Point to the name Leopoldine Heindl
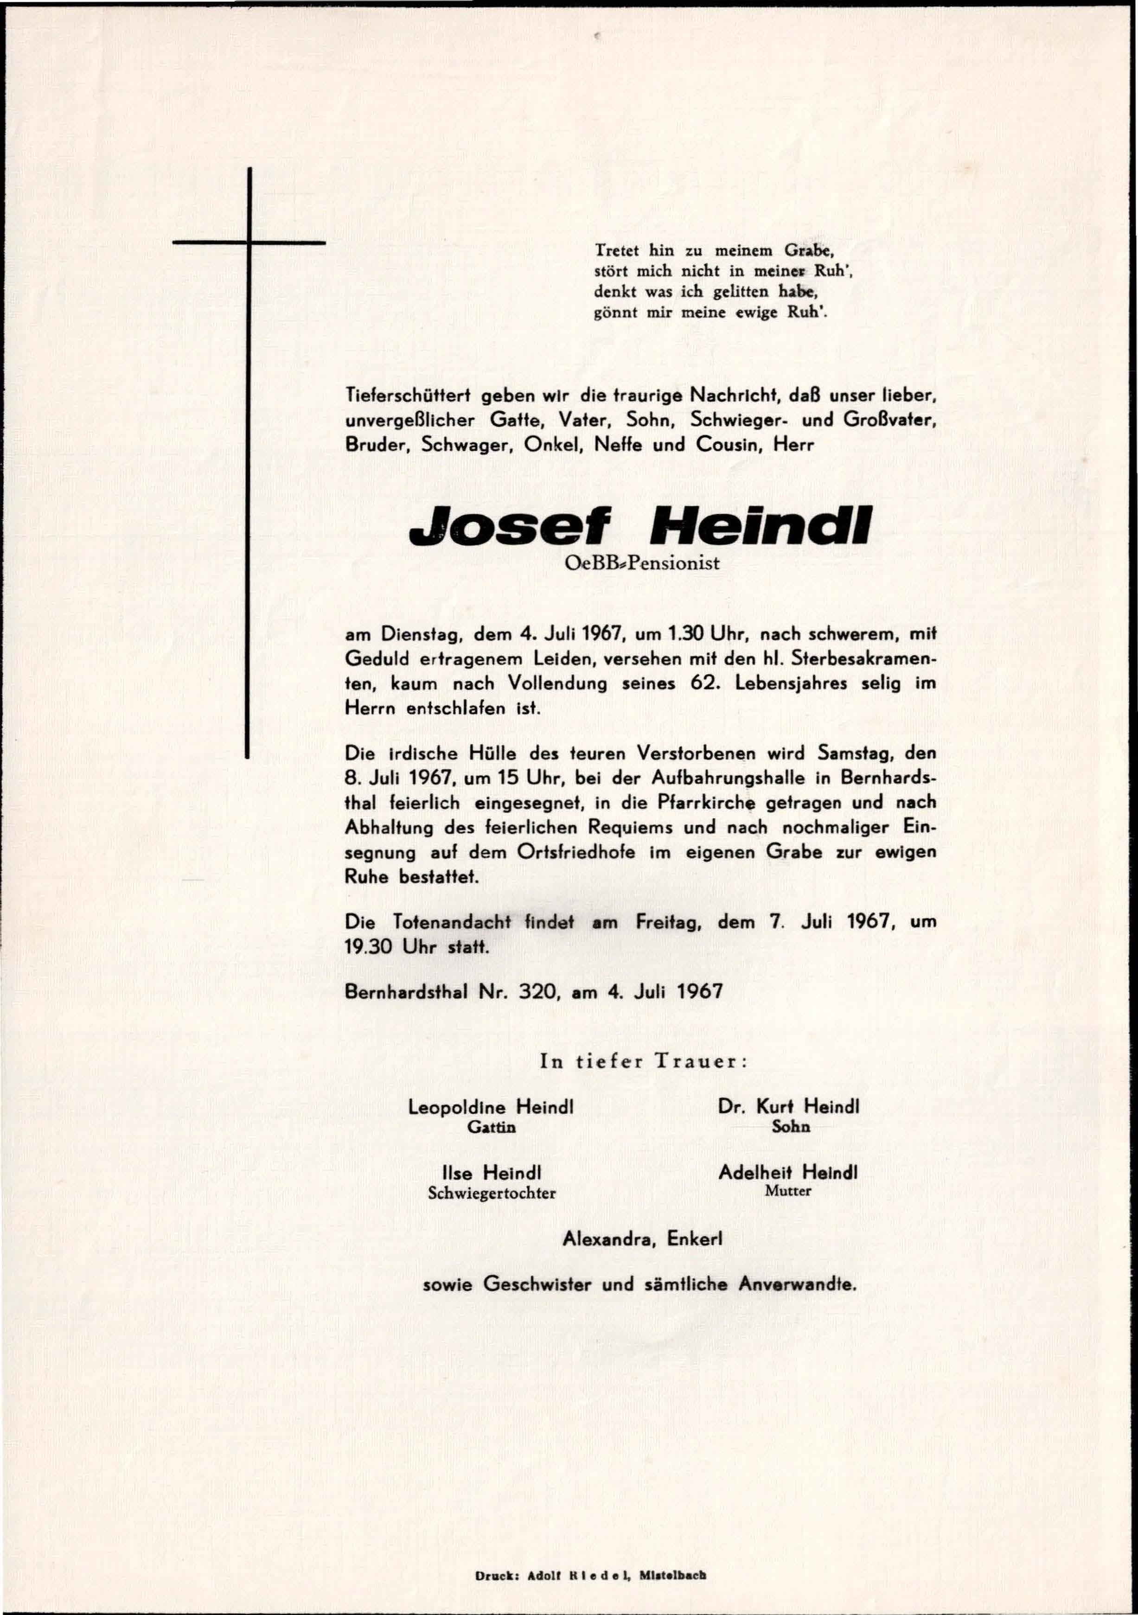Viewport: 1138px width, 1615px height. tap(492, 1106)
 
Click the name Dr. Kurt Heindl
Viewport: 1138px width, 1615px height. tap(788, 1106)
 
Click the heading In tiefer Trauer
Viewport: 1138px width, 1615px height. tap(642, 1061)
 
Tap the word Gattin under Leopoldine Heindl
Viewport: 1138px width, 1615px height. tap(492, 1126)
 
